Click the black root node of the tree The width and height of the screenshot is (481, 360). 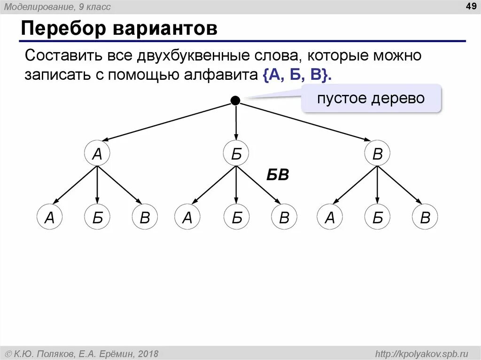[x=235, y=100]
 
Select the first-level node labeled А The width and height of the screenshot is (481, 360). [x=97, y=153]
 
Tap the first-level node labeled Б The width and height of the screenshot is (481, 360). [x=236, y=153]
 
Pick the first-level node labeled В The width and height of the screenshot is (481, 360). [x=377, y=153]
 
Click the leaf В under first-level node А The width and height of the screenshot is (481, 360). [x=145, y=217]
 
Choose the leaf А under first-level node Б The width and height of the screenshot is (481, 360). [x=187, y=217]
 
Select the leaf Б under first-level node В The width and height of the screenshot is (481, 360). [x=377, y=217]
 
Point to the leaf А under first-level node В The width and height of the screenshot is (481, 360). [x=330, y=217]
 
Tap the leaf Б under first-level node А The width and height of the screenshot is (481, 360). [x=97, y=217]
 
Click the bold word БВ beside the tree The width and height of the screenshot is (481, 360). [x=278, y=176]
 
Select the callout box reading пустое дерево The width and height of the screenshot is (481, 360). [x=371, y=99]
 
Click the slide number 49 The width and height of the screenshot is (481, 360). [x=470, y=6]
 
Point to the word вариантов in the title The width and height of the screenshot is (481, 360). [x=164, y=29]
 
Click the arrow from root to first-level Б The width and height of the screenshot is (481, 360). [x=236, y=122]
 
